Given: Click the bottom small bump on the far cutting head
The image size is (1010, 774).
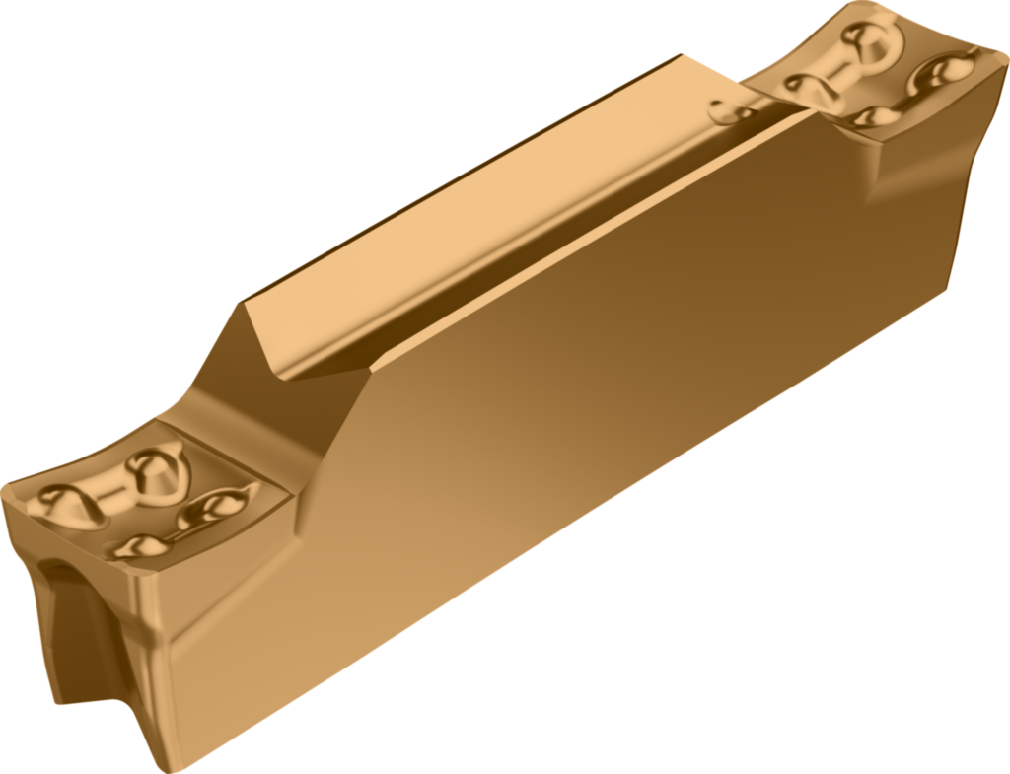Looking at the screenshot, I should click(x=868, y=116).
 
